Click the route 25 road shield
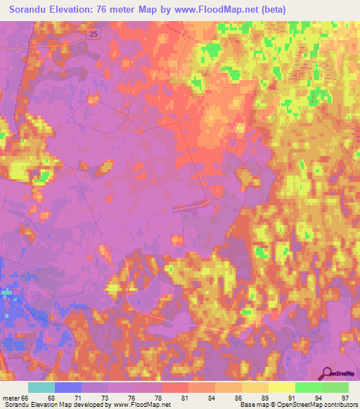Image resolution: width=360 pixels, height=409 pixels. [94, 33]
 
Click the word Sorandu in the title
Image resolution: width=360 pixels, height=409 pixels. [32, 10]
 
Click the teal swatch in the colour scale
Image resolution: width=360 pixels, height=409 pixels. [41, 387]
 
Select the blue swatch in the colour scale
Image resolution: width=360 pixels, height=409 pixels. [68, 387]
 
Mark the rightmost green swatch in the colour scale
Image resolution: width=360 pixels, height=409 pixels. [335, 387]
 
